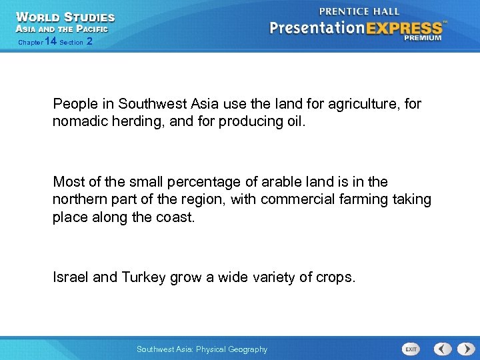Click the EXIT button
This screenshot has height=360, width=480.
coord(411,349)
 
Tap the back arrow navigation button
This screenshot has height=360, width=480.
coord(443,349)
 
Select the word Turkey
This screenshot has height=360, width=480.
coord(143,277)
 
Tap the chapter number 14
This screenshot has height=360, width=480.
coord(50,41)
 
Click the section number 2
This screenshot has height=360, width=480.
coord(89,41)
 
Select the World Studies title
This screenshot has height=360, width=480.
coord(65,17)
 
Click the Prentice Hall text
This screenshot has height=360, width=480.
coord(359,11)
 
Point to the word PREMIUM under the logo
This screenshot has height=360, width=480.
coord(422,38)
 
